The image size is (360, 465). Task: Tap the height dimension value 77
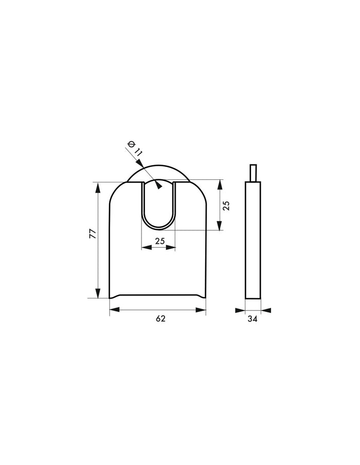[x=93, y=234]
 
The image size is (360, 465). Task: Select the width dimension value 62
[x=160, y=319]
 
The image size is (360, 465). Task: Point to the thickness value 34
[x=252, y=319]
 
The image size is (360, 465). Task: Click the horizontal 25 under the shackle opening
[x=159, y=240]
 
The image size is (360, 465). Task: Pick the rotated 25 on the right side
[x=226, y=205]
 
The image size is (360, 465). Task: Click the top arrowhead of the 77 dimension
[x=97, y=186]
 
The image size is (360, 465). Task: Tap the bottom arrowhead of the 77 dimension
[x=97, y=294]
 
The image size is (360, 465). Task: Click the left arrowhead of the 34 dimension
[x=240, y=310]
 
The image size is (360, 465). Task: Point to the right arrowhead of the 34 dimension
[x=266, y=310]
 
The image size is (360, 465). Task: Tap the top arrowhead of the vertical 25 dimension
[x=220, y=183]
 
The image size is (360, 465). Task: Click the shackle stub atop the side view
[x=253, y=173]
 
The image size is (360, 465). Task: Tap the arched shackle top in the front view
[x=159, y=171]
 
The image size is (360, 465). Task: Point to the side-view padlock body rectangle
[x=253, y=239]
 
